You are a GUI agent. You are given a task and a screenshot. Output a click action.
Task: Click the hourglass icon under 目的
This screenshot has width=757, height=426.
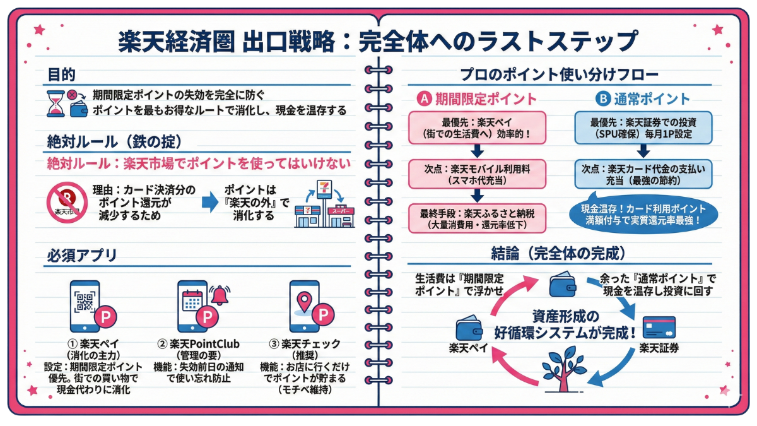click(56, 102)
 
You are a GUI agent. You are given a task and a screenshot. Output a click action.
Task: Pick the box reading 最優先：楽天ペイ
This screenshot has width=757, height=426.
click(477, 128)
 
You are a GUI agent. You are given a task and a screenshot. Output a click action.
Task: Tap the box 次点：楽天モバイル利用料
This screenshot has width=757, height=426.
click(477, 174)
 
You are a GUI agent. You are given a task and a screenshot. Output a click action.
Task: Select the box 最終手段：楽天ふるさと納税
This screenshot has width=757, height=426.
click(477, 218)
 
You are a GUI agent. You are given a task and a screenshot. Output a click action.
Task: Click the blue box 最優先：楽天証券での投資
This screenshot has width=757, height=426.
click(643, 128)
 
